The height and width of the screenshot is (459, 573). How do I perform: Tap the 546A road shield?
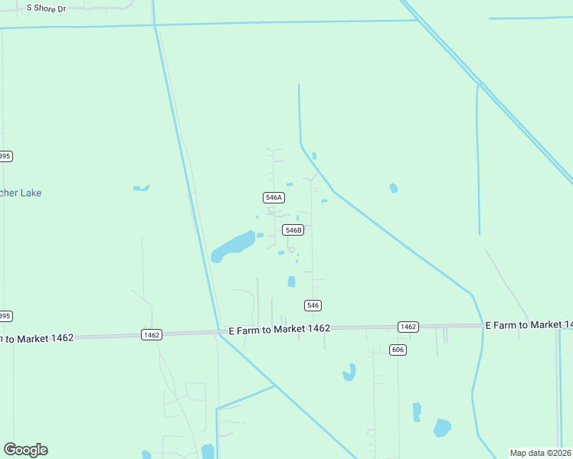coord(274,197)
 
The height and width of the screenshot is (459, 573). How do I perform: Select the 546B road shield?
coord(293,229)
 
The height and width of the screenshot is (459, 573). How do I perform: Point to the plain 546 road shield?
coord(313,305)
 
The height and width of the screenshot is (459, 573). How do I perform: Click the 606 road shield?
coord(397,350)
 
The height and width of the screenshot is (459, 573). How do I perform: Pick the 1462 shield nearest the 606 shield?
coord(408,327)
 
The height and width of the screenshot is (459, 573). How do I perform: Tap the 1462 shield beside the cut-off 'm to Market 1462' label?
coord(151,334)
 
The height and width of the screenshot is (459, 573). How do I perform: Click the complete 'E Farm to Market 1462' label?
coord(280,328)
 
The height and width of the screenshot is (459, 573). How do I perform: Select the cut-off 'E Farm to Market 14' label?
coord(529,325)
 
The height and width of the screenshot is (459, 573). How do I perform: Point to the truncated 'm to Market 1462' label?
coord(37,337)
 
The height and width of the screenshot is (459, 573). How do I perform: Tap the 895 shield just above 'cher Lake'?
coord(5,156)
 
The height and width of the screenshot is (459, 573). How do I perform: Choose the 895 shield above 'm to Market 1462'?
coord(5,316)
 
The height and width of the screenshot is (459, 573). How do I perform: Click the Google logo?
coord(25,450)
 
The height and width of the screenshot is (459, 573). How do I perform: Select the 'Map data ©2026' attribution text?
coord(541,453)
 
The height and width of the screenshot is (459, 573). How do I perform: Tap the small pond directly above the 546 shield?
coord(291,282)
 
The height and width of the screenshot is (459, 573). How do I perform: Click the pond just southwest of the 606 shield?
coord(349,373)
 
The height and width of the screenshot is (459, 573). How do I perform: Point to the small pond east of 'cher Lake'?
coord(141,187)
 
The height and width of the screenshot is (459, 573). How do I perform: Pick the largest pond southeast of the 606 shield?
coord(442,428)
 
